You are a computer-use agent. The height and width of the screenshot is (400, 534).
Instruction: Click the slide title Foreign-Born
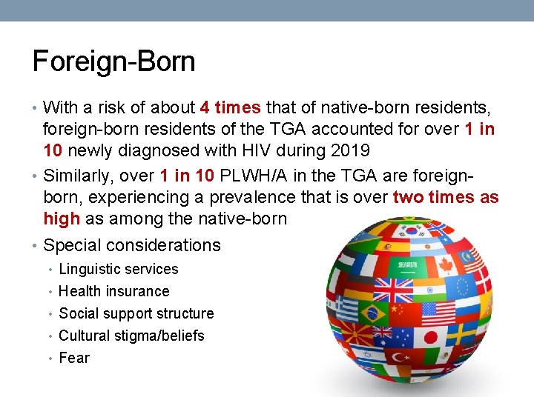113,61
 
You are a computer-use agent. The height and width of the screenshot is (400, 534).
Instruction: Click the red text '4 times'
230,108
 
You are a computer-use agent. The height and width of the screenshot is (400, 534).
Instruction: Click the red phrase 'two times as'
446,198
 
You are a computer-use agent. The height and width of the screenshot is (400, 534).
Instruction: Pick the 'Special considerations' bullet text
132,245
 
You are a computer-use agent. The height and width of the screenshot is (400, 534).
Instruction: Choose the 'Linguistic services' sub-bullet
119,269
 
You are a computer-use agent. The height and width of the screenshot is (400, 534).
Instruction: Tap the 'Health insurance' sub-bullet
113,291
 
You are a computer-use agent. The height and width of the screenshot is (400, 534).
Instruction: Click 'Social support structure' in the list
136,313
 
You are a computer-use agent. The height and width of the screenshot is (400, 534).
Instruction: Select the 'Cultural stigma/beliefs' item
131,336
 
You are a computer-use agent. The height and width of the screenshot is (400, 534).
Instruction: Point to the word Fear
74,358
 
